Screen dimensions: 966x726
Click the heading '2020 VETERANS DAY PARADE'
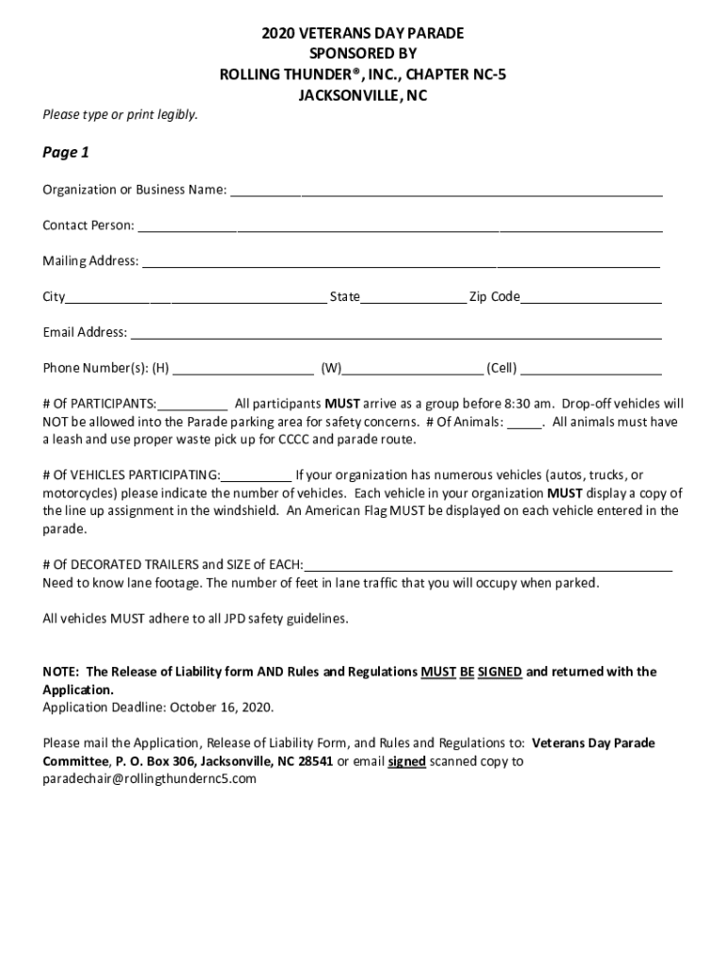363,34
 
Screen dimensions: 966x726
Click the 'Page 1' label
66,152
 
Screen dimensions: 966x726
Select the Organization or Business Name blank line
446,192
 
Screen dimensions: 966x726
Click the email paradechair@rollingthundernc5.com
149,779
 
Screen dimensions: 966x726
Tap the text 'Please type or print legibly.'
120,115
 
